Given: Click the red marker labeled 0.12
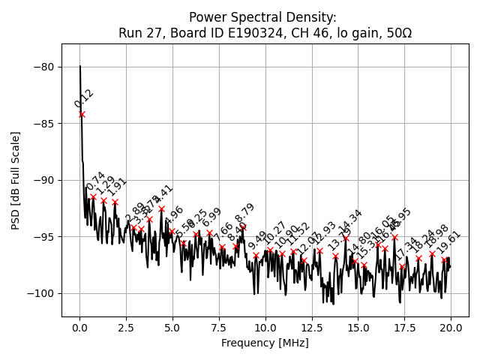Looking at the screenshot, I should coord(82,114).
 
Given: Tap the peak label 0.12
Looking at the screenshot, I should coord(84,99).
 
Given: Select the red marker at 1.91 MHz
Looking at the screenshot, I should coord(115,202).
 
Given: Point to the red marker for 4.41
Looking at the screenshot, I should coord(161,209).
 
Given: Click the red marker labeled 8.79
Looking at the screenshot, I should coord(243,227).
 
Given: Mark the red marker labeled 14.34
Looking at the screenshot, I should coord(346,238).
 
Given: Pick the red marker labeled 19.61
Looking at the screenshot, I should coord(444,260).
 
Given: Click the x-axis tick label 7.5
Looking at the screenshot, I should coord(219,327).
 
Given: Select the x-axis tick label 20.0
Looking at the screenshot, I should coord(451,327).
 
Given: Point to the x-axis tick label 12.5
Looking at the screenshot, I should coord(311,327).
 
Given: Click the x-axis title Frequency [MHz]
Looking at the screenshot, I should coord(265,343).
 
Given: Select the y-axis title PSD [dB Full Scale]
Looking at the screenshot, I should coord(15,180).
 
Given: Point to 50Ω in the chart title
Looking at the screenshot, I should coord(397,33).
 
